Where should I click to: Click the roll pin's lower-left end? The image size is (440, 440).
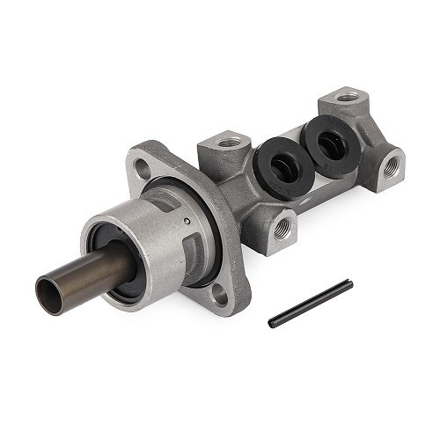(x=272, y=323)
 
